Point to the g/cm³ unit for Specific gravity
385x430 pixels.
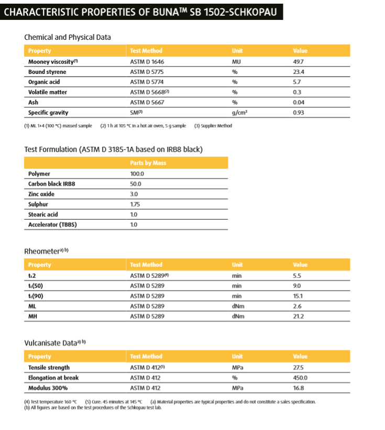pyautogui.click(x=239, y=113)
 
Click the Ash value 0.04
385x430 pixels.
pyautogui.click(x=299, y=102)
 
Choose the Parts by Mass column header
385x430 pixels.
pyautogui.click(x=148, y=163)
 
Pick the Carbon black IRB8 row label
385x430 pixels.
pyautogui.click(x=51, y=184)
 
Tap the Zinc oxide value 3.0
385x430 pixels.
pyautogui.click(x=134, y=194)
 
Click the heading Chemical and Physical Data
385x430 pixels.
pyautogui.click(x=68, y=37)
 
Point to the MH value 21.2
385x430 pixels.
pyautogui.click(x=299, y=316)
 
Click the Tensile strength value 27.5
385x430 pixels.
pyautogui.click(x=299, y=368)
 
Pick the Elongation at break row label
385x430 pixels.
pyautogui.click(x=53, y=378)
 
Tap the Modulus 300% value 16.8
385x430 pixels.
pyautogui.click(x=299, y=388)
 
